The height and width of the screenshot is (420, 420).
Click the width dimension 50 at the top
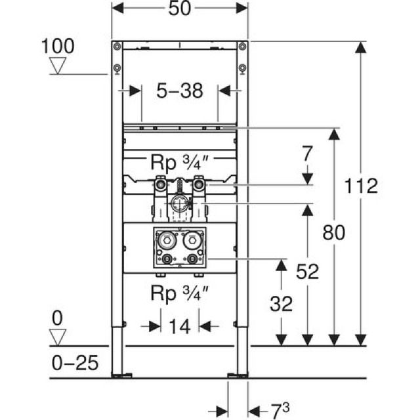(180, 10)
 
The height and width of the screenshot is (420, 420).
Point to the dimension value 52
(307, 272)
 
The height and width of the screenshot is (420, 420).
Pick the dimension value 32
(282, 303)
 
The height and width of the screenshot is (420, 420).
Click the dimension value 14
(180, 326)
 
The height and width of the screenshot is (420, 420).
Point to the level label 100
(58, 46)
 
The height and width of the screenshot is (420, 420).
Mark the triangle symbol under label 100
(60, 66)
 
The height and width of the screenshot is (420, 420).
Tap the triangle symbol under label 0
(60, 337)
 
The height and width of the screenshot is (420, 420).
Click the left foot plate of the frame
(121, 376)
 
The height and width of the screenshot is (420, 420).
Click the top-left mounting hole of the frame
(117, 46)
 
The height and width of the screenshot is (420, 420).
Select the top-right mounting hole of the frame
(242, 46)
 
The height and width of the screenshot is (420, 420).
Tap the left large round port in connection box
(168, 241)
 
